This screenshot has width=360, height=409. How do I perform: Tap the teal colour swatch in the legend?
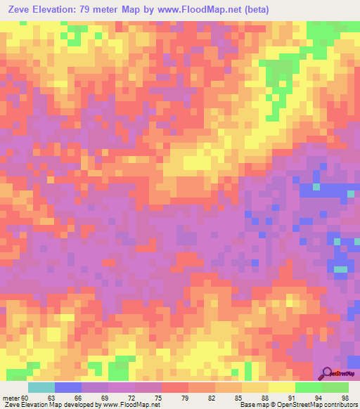click(41, 387)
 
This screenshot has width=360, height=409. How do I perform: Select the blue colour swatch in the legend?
click(68, 387)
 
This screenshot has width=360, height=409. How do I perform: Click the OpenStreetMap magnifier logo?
click(326, 372)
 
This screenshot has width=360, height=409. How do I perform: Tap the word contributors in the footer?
click(341, 405)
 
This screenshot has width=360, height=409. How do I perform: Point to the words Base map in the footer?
click(252, 405)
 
